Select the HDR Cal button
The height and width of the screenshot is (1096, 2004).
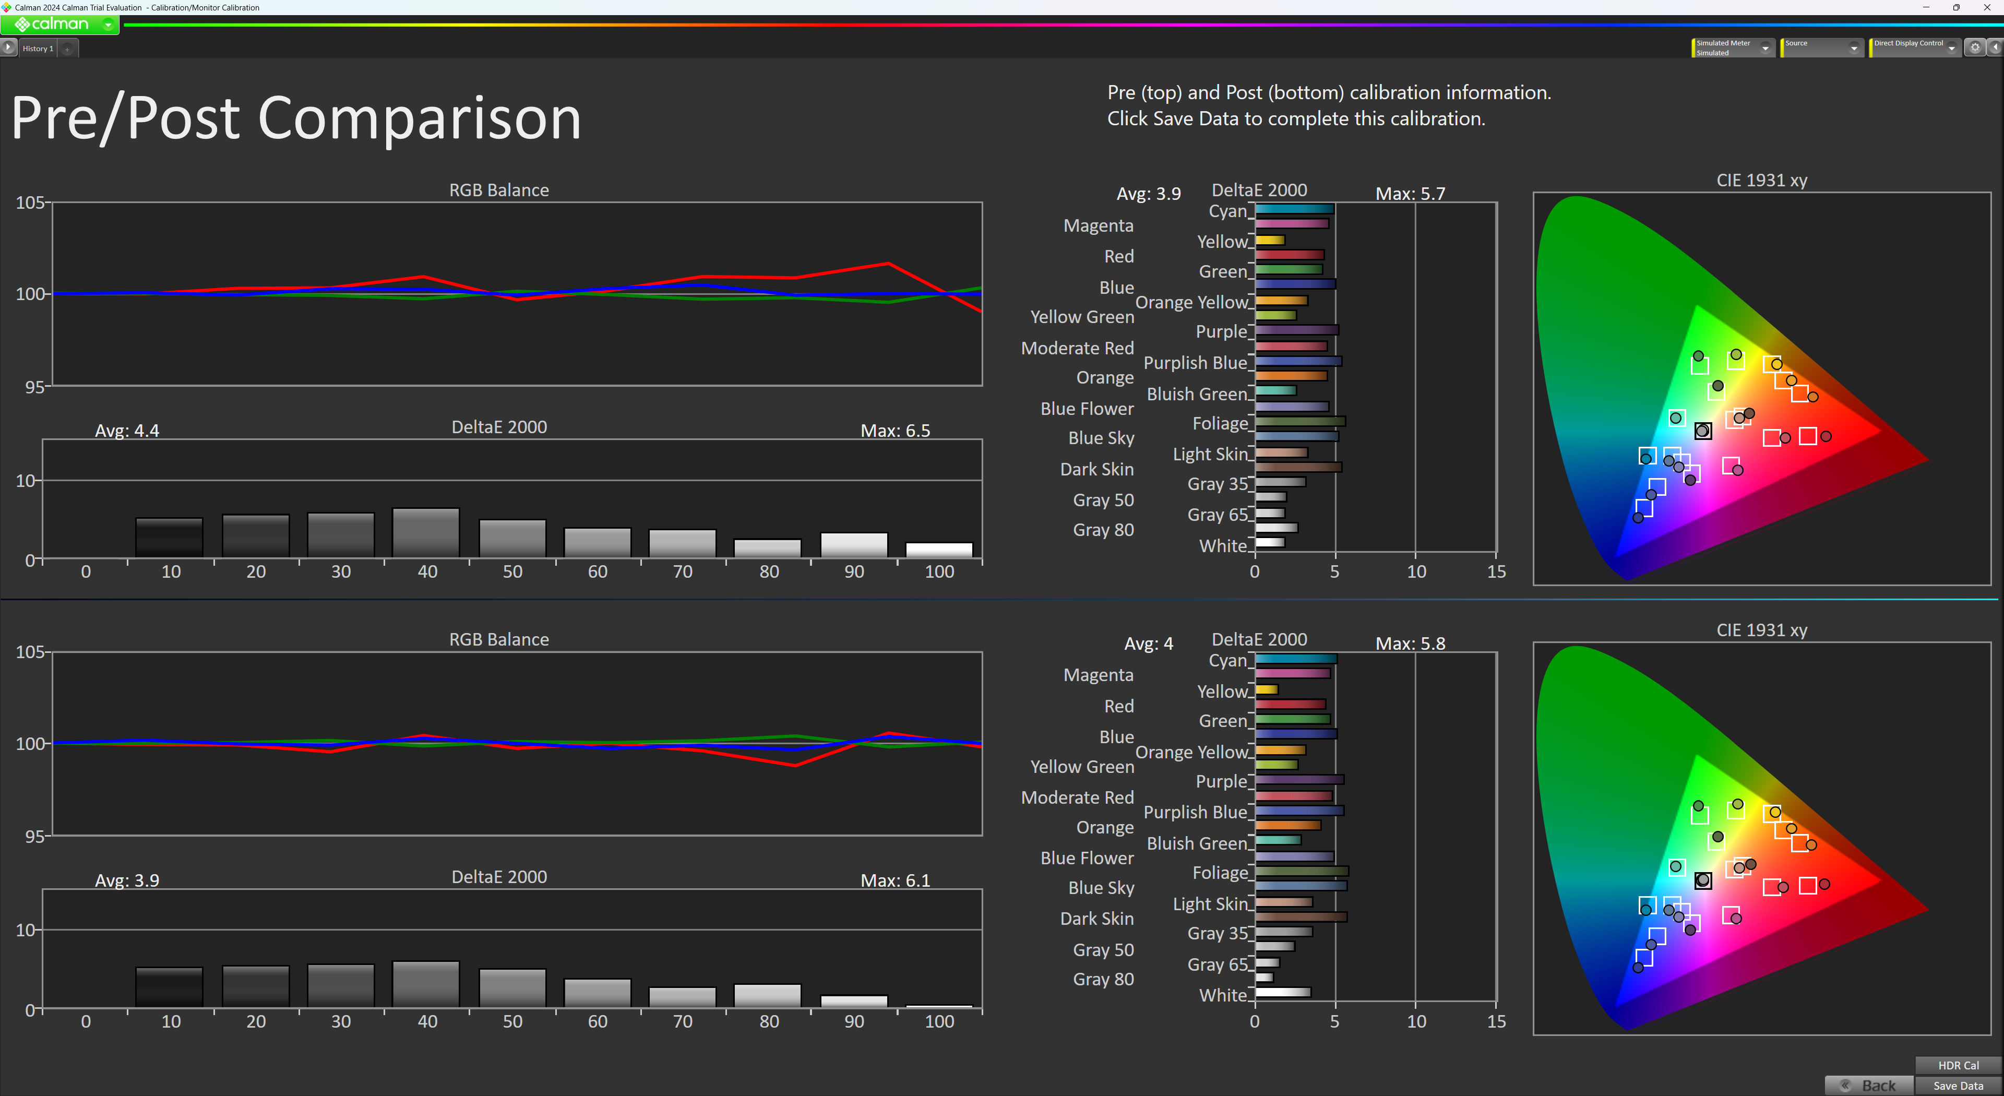[1958, 1065]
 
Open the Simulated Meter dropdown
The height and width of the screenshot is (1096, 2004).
[1733, 48]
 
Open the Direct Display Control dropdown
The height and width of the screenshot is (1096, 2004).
[1914, 47]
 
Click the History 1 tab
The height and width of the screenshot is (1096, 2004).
[38, 48]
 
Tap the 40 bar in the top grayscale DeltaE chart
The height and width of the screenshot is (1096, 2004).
[425, 533]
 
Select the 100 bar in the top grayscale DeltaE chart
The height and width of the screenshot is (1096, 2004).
[939, 550]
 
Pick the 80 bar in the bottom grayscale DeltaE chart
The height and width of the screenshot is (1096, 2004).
[768, 996]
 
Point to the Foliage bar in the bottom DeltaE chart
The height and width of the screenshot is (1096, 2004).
[1302, 871]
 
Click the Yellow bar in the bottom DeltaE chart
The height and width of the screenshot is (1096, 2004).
[1267, 689]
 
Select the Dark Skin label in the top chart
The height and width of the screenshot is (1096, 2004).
[1097, 469]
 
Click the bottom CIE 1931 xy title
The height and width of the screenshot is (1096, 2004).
[1761, 630]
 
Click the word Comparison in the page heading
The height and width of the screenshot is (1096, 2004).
[419, 118]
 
